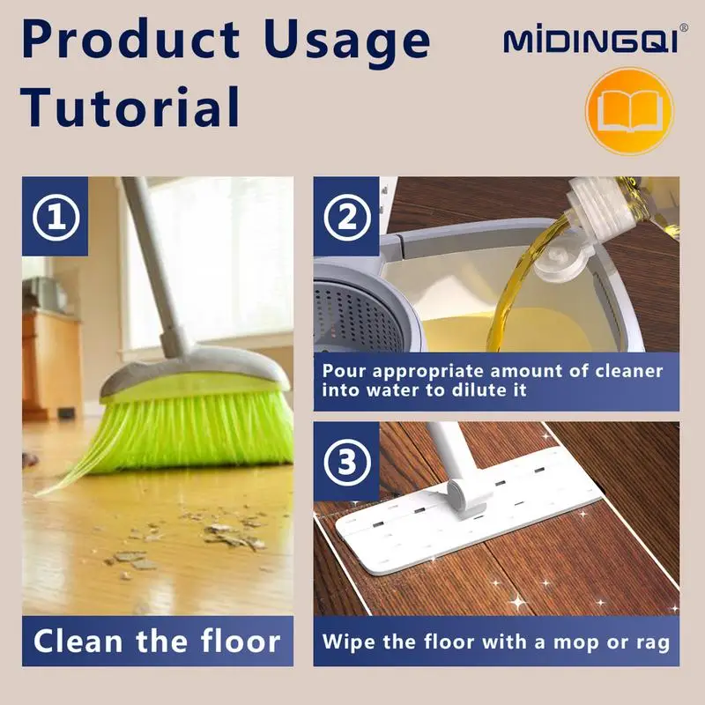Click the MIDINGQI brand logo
pos(590,41)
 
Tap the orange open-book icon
pos(629,111)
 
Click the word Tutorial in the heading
pos(130,108)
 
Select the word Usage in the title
pos(347,41)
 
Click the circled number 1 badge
pos(56,218)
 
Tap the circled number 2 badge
pos(347,218)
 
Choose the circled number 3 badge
pos(347,462)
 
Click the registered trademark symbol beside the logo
pos(683,27)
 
